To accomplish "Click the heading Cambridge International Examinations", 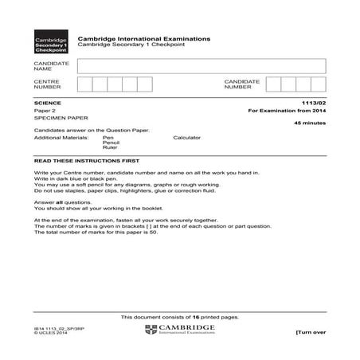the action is [144, 37].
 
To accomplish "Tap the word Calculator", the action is [187, 138].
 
